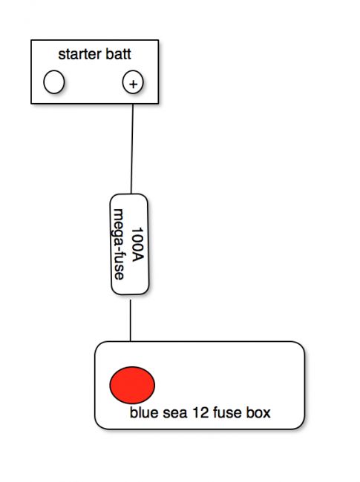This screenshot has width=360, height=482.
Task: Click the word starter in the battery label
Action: [x=79, y=54]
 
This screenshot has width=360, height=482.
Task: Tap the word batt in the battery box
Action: [x=119, y=54]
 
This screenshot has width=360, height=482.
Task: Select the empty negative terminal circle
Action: [x=54, y=82]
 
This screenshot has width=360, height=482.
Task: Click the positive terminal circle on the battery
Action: [x=133, y=82]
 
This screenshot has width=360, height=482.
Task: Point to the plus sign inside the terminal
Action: [x=133, y=84]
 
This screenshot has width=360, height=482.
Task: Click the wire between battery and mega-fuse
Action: [x=132, y=149]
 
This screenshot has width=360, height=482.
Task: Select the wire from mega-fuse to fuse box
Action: [x=131, y=320]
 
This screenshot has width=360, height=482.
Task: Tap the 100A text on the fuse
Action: [x=137, y=245]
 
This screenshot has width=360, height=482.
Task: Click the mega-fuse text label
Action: [x=119, y=245]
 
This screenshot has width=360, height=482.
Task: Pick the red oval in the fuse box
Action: [x=132, y=385]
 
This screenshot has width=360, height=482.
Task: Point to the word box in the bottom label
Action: [x=259, y=412]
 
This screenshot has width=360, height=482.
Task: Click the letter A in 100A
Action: [x=137, y=257]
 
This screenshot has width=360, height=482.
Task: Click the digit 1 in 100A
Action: [x=137, y=230]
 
